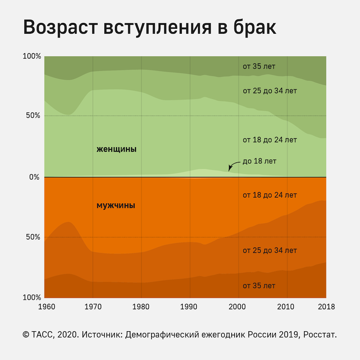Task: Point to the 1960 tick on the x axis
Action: (45, 306)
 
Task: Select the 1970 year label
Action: (93, 306)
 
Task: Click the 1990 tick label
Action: (190, 306)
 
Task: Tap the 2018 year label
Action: (326, 306)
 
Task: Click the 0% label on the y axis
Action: (35, 177)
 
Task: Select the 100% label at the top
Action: (31, 57)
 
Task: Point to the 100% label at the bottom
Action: (31, 297)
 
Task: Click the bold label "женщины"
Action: (116, 149)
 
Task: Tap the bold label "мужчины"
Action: (116, 206)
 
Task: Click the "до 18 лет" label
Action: (259, 161)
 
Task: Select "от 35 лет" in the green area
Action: (259, 67)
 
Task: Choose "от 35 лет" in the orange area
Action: (259, 286)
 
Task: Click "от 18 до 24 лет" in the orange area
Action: (270, 195)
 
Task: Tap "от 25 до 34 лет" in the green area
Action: (270, 90)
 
